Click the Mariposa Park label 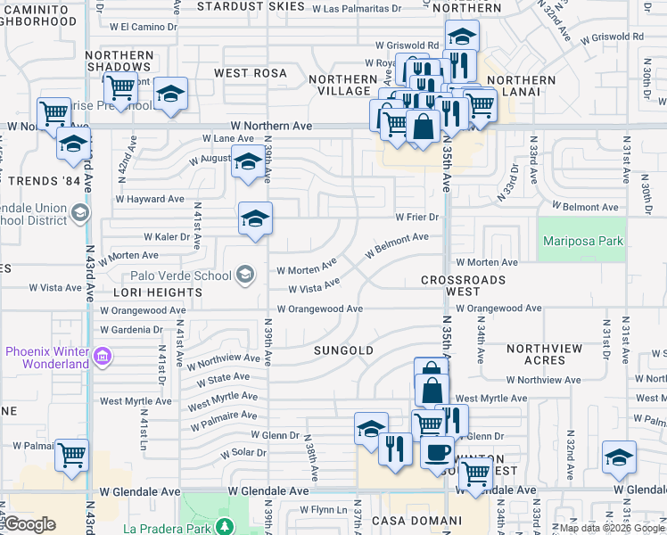(583, 242)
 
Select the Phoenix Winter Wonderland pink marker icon (103, 357)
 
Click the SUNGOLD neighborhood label (343, 350)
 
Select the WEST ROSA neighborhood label (250, 72)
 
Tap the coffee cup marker (436, 451)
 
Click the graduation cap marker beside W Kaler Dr (255, 218)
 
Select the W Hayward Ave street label (150, 199)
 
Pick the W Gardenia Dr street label (132, 329)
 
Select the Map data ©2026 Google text (612, 528)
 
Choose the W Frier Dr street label (418, 217)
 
